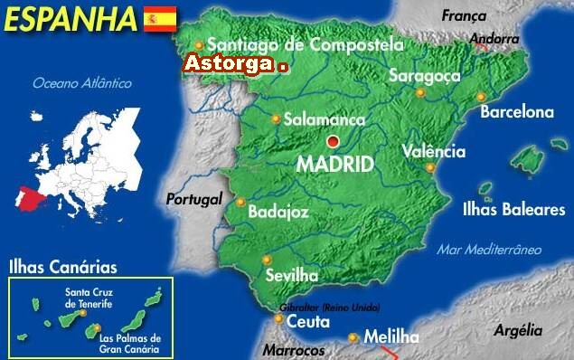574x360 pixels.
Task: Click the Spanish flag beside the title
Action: (x=160, y=17)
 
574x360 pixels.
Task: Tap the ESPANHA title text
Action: (x=70, y=18)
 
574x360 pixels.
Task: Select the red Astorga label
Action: (x=230, y=64)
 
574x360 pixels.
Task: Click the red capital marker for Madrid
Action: (x=334, y=141)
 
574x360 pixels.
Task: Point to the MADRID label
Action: (x=335, y=165)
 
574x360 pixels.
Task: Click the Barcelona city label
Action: (x=516, y=112)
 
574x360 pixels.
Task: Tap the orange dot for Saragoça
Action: (x=420, y=92)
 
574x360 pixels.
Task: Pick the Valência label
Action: (x=434, y=152)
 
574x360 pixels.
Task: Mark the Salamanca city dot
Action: (x=276, y=118)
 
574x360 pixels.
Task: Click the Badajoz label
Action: (x=278, y=212)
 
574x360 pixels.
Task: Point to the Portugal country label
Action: (x=193, y=199)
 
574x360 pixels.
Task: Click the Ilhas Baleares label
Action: (x=525, y=210)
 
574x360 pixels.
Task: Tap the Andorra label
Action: (x=494, y=39)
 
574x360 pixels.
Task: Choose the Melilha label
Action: (x=391, y=337)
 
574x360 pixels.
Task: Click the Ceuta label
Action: (x=308, y=321)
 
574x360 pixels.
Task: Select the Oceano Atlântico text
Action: (x=82, y=83)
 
